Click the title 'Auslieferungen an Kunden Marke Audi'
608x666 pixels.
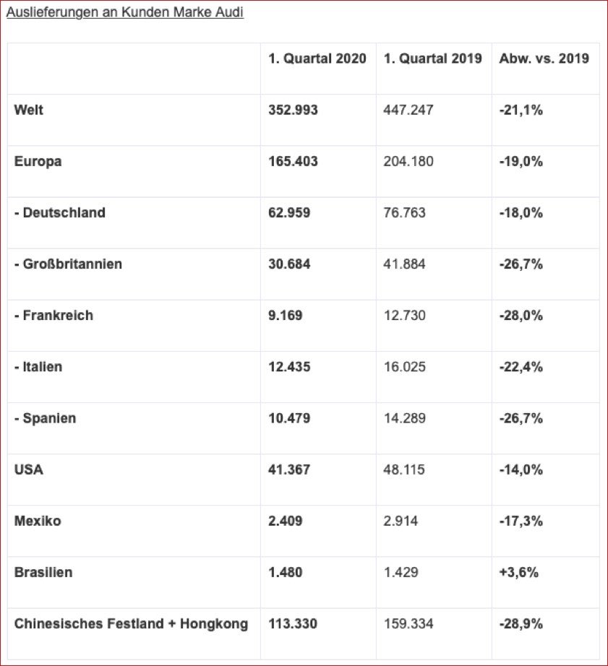pyautogui.click(x=124, y=13)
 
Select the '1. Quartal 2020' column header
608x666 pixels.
pyautogui.click(x=317, y=59)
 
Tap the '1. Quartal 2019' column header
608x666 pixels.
pyautogui.click(x=432, y=59)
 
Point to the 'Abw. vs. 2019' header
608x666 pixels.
pyautogui.click(x=544, y=59)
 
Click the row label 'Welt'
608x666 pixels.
pyautogui.click(x=29, y=110)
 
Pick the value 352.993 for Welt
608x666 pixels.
pyautogui.click(x=293, y=110)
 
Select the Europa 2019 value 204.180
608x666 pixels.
pyautogui.click(x=408, y=161)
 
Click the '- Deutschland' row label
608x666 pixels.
pyautogui.click(x=60, y=212)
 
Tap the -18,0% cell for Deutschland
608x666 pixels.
pyautogui.click(x=521, y=212)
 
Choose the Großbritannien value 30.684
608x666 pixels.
pyautogui.click(x=289, y=264)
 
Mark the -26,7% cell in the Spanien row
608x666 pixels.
pyautogui.click(x=521, y=418)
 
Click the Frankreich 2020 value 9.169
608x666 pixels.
pyautogui.click(x=286, y=316)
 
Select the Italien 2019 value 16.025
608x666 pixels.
pyautogui.click(x=405, y=367)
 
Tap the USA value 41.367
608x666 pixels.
pyautogui.click(x=289, y=470)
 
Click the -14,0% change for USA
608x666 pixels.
pyautogui.click(x=521, y=470)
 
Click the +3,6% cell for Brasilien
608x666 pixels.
pyautogui.click(x=518, y=572)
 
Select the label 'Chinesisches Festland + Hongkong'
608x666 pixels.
pyautogui.click(x=131, y=623)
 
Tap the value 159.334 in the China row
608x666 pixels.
pyautogui.click(x=408, y=623)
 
